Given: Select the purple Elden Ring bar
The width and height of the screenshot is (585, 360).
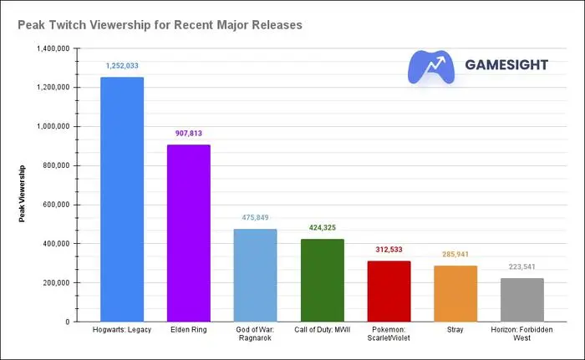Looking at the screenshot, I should pyautogui.click(x=189, y=233).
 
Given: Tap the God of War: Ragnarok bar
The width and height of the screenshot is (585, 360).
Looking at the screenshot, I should pyautogui.click(x=255, y=275).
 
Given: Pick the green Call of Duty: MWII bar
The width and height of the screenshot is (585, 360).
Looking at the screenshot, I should pyautogui.click(x=322, y=280).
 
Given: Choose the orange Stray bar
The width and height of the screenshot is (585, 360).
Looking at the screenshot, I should pyautogui.click(x=455, y=293).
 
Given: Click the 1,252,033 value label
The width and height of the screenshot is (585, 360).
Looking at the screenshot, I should pyautogui.click(x=122, y=65).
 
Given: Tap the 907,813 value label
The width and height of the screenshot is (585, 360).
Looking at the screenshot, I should pyautogui.click(x=189, y=133).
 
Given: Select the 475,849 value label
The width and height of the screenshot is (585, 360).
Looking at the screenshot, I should pyautogui.click(x=255, y=217).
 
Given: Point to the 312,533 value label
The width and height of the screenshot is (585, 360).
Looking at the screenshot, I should pyautogui.click(x=389, y=249).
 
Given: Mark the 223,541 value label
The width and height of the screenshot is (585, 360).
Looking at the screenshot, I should pyautogui.click(x=522, y=266).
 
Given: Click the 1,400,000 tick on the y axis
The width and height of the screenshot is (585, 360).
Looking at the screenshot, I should pyautogui.click(x=53, y=48).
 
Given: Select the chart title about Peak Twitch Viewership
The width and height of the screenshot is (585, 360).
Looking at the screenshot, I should pyautogui.click(x=160, y=25).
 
